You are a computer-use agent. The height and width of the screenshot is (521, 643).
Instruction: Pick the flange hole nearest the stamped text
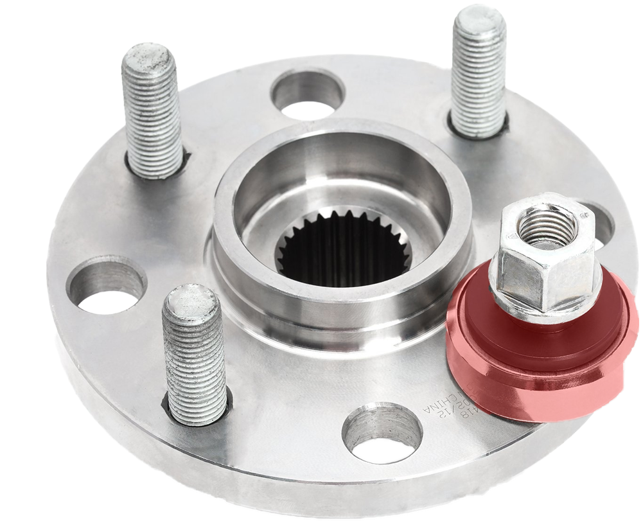coord(382,434)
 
